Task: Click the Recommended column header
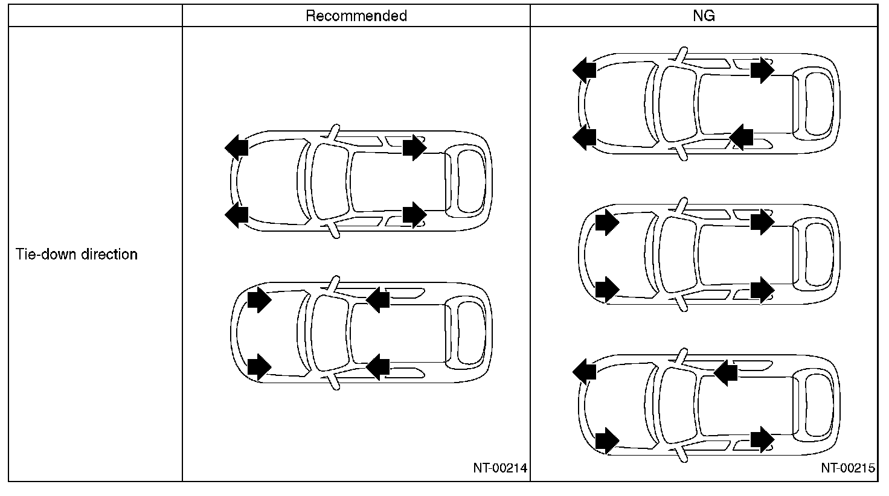pyautogui.click(x=356, y=16)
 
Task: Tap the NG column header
pyautogui.click(x=704, y=16)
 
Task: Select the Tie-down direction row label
pyautogui.click(x=77, y=254)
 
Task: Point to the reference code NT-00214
pyautogui.click(x=500, y=468)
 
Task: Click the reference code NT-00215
pyautogui.click(x=848, y=468)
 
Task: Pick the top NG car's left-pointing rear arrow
pyautogui.click(x=741, y=138)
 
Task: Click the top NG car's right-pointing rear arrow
pyautogui.click(x=762, y=70)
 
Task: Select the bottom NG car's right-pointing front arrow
pyautogui.click(x=606, y=440)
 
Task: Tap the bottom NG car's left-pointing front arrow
pyautogui.click(x=584, y=369)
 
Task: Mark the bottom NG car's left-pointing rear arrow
pyautogui.click(x=725, y=373)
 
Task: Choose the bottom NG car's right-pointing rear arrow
pyautogui.click(x=762, y=439)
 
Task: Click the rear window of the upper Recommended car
pyautogui.click(x=471, y=181)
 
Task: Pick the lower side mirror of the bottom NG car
pyautogui.click(x=682, y=456)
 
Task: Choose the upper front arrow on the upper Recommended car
pyautogui.click(x=236, y=147)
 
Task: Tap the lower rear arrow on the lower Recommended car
pyautogui.click(x=378, y=366)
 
